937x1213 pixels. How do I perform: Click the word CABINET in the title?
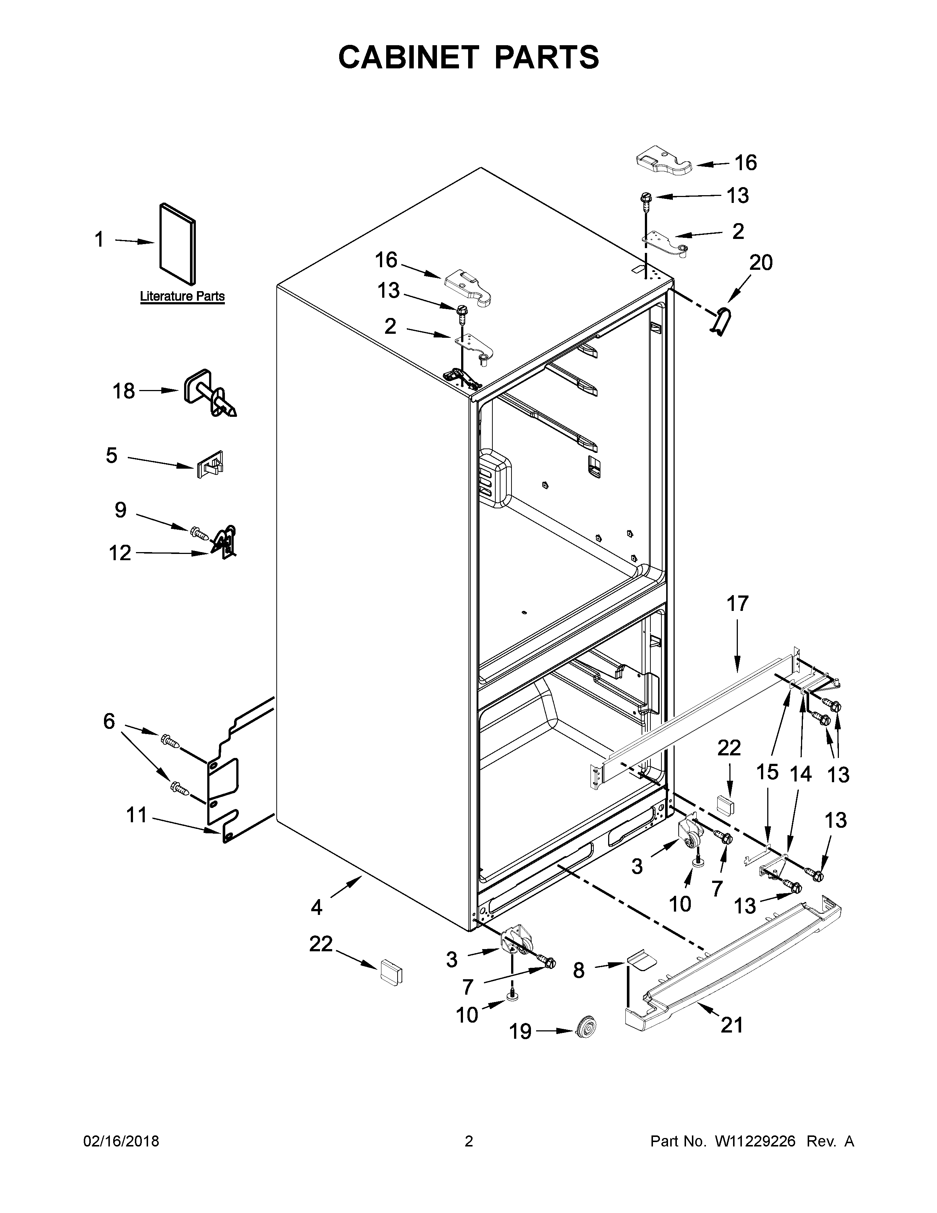tap(408, 57)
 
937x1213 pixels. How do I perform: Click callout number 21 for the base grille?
tap(731, 1025)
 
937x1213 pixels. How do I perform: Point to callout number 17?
tap(738, 603)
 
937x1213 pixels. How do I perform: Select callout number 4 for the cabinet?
tap(316, 908)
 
